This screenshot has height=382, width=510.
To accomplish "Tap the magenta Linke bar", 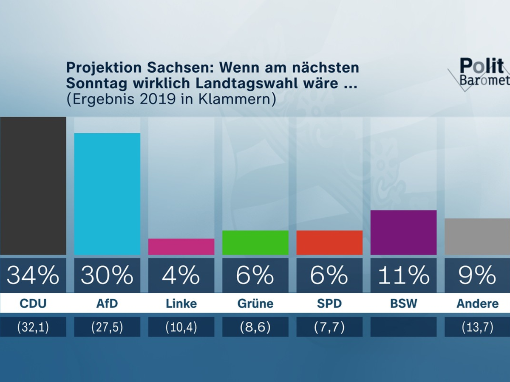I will point(181,247).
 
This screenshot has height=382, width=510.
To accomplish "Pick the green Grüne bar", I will point(255,242).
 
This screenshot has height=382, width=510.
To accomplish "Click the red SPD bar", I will point(329,242).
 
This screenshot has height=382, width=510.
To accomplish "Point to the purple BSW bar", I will point(403,232).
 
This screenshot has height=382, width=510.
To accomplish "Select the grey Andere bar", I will point(477,236).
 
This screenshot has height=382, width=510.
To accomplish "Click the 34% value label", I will point(33,275).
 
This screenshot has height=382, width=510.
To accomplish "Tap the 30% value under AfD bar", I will point(107,275).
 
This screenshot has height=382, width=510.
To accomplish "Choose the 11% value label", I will point(403,275).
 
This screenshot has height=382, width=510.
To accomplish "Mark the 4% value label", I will point(181,275).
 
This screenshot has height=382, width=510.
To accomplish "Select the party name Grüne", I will point(255,304).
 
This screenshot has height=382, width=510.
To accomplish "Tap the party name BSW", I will point(403,304).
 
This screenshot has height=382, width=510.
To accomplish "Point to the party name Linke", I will point(181,304).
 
